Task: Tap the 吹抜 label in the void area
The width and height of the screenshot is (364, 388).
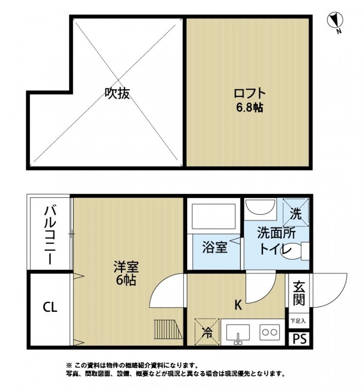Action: pyautogui.click(x=117, y=93)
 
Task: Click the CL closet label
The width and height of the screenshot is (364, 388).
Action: pyautogui.click(x=50, y=307)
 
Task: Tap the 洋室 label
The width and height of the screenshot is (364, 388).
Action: pyautogui.click(x=126, y=267)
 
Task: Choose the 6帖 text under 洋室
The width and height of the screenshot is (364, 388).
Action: pyautogui.click(x=126, y=280)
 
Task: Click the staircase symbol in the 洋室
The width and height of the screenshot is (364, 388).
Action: pyautogui.click(x=168, y=330)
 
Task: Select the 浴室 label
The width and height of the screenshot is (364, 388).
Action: pyautogui.click(x=214, y=248)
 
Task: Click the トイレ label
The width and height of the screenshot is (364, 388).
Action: pyautogui.click(x=275, y=250)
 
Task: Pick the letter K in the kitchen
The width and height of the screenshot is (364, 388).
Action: pyautogui.click(x=238, y=306)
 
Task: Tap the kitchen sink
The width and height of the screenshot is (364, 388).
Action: pyautogui.click(x=238, y=334)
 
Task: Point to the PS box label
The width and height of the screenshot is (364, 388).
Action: pyautogui.click(x=299, y=339)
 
